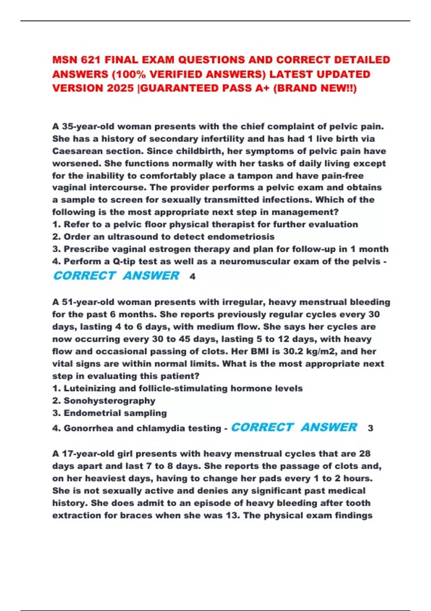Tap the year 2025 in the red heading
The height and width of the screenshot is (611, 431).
click(x=120, y=88)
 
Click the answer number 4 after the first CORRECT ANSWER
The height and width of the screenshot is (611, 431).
click(x=193, y=276)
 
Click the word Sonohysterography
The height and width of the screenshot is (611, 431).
click(x=110, y=401)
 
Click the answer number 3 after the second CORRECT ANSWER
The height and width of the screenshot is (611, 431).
click(x=370, y=428)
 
